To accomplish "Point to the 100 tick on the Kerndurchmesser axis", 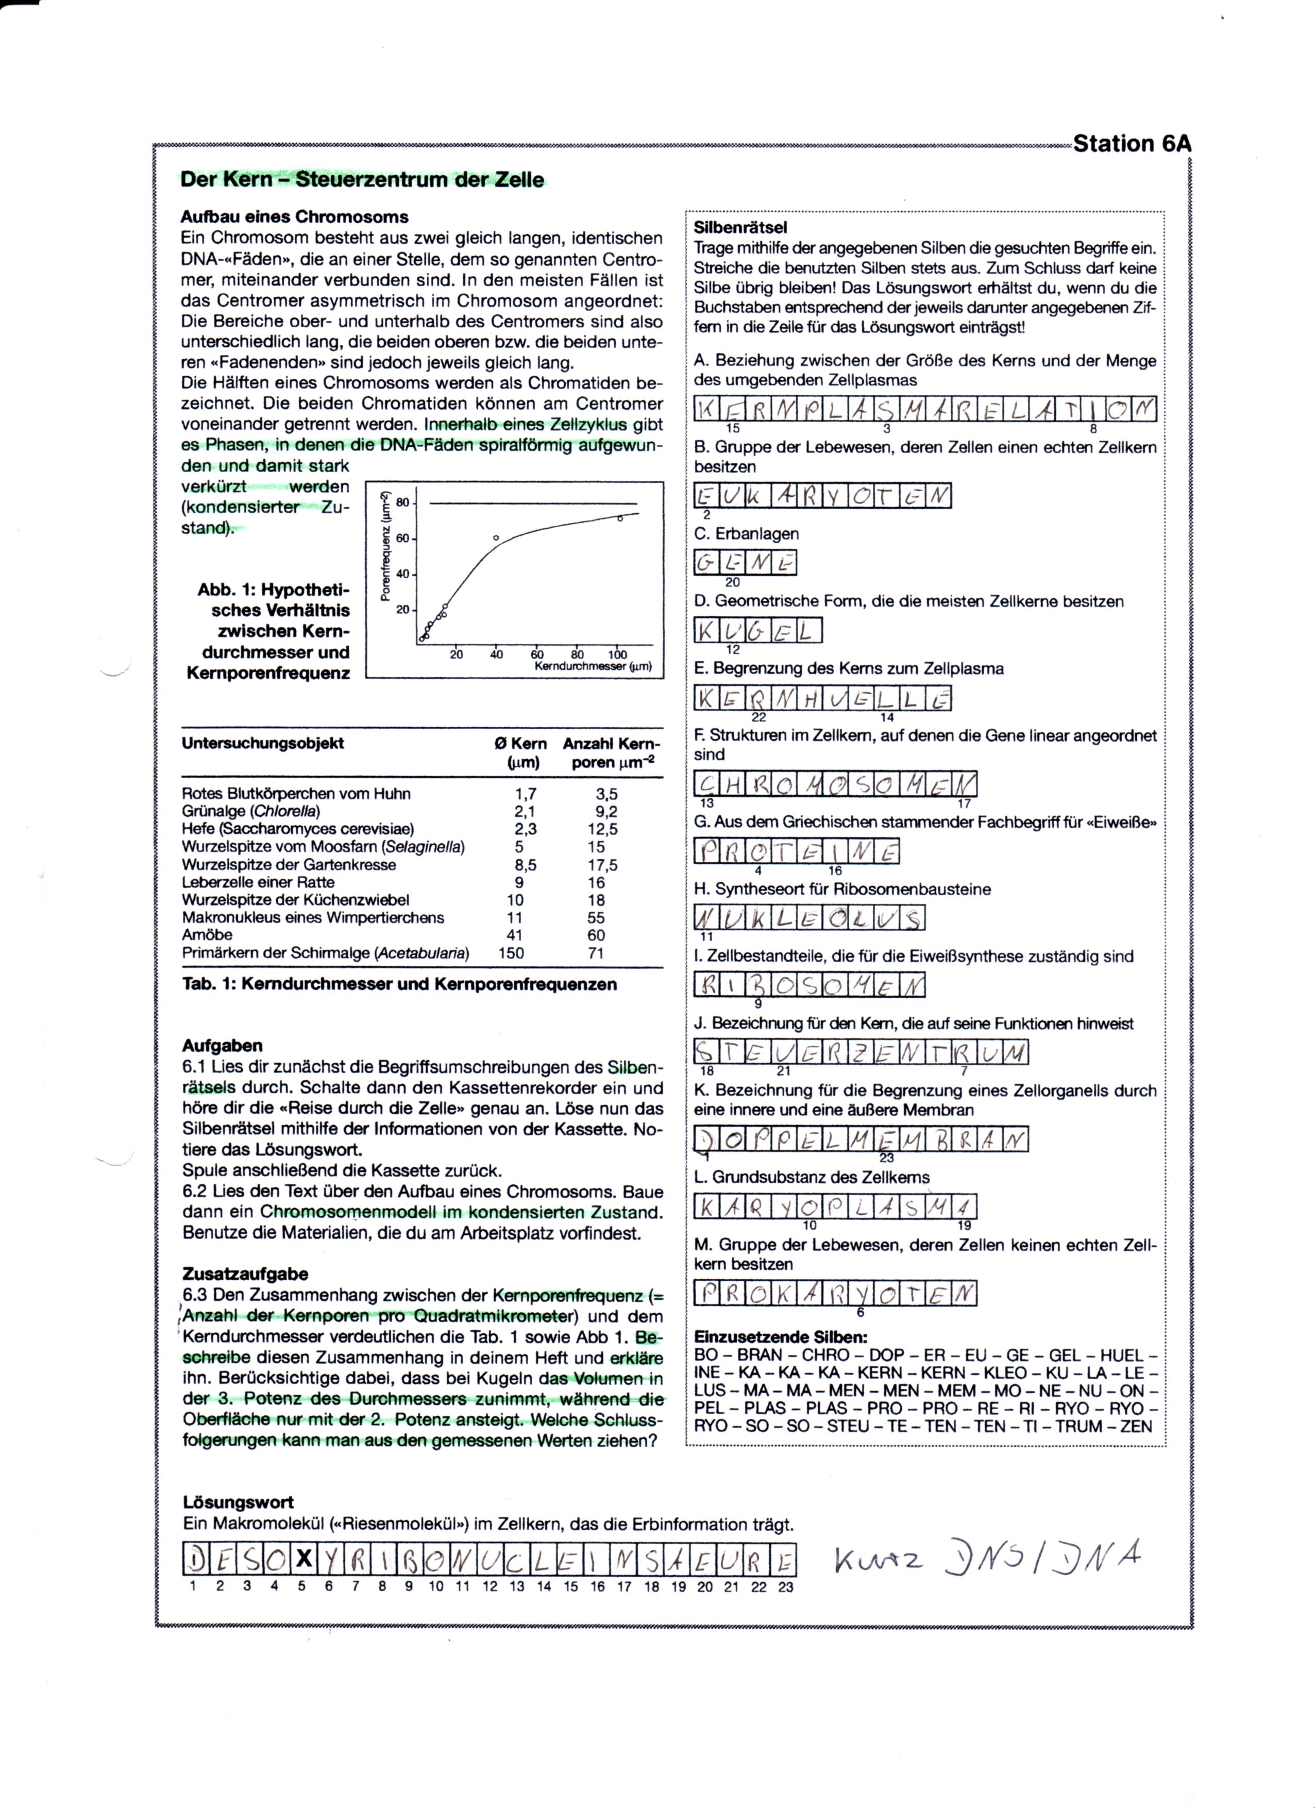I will click(617, 655).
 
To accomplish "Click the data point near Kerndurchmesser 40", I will click(496, 538).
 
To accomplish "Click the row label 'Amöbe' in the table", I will click(207, 934).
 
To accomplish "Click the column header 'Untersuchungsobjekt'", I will click(262, 743).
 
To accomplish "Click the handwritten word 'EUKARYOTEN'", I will click(822, 496).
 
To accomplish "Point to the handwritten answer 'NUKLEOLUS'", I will click(810, 918).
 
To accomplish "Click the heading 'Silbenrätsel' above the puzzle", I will click(740, 228).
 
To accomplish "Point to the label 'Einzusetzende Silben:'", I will click(780, 1337).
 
